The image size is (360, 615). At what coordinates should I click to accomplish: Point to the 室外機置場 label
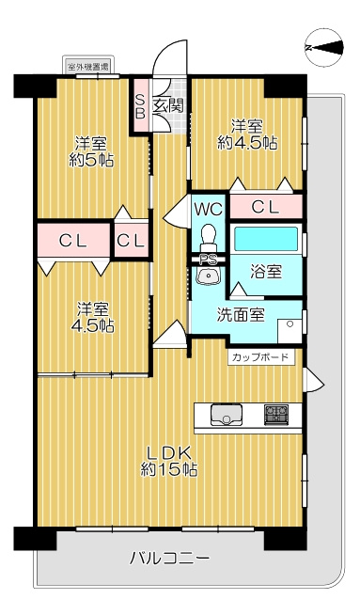[x=87, y=67]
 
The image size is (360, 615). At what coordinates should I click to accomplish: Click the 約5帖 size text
[x=92, y=161]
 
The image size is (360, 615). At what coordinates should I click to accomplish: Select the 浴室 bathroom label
[x=265, y=272]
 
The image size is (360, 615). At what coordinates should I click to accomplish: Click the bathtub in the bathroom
[x=265, y=240]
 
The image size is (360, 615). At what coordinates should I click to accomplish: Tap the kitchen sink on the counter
[x=227, y=414]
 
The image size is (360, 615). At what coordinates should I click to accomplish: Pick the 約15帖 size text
[x=169, y=468]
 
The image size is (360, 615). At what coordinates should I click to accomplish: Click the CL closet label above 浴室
[x=266, y=207]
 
